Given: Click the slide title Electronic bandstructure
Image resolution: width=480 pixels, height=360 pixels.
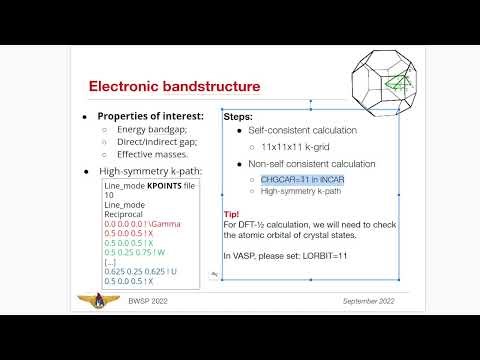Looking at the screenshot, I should [x=176, y=87].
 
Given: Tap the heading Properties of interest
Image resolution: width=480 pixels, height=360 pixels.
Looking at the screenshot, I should [x=150, y=116].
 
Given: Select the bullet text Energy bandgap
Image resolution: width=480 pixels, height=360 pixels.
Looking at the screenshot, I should [x=151, y=130].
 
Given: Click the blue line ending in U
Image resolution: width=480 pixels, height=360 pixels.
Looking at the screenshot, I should [x=141, y=275].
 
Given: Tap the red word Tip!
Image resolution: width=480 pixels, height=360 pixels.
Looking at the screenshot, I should [x=231, y=214].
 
